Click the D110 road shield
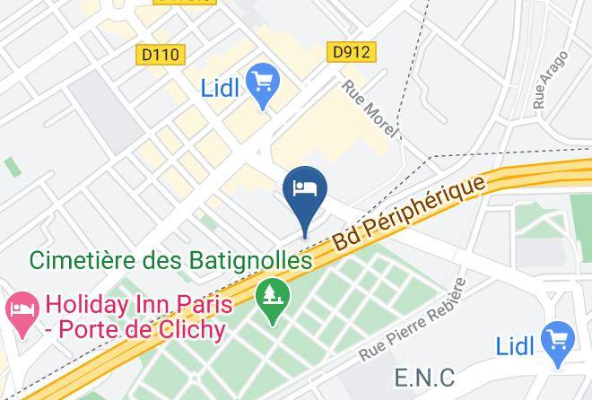pyautogui.click(x=161, y=55)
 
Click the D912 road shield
pyautogui.click(x=351, y=52)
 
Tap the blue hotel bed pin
pyautogui.click(x=305, y=190)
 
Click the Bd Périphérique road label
pyautogui.click(x=409, y=213)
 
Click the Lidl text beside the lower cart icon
pyautogui.click(x=516, y=345)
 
